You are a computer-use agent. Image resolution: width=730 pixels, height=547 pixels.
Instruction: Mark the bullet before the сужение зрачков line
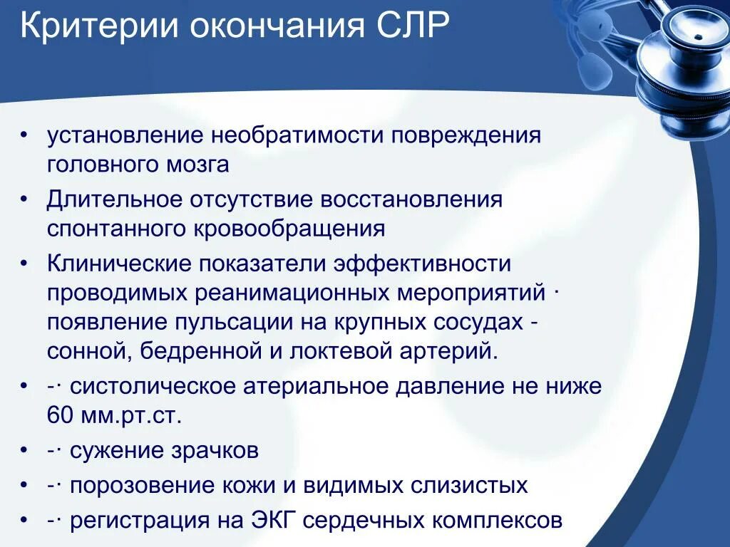pos(25,451)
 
